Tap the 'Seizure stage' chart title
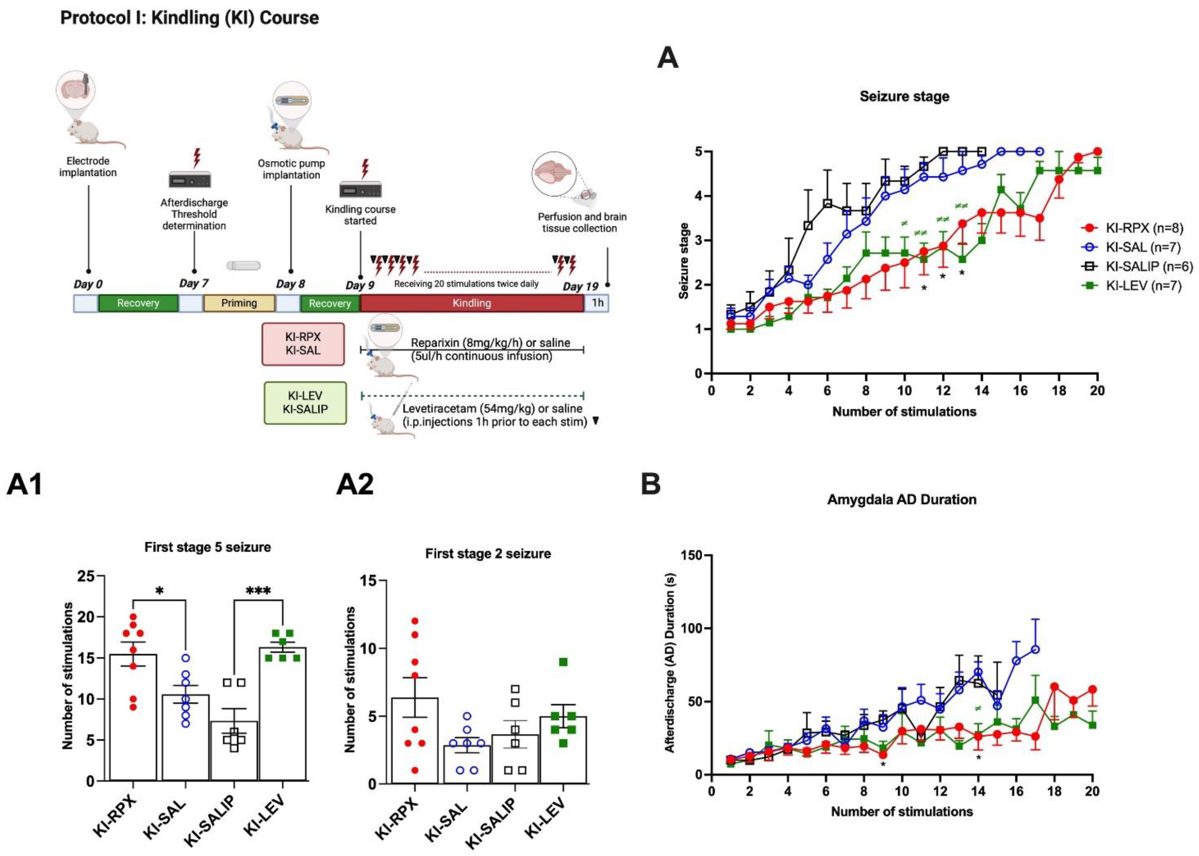(905, 96)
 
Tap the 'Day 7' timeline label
(194, 283)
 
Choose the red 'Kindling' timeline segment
(472, 303)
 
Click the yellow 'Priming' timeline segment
(239, 303)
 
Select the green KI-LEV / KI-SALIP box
(305, 403)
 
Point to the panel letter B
(651, 484)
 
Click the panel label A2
(355, 484)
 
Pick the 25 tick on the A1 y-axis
(87, 576)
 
